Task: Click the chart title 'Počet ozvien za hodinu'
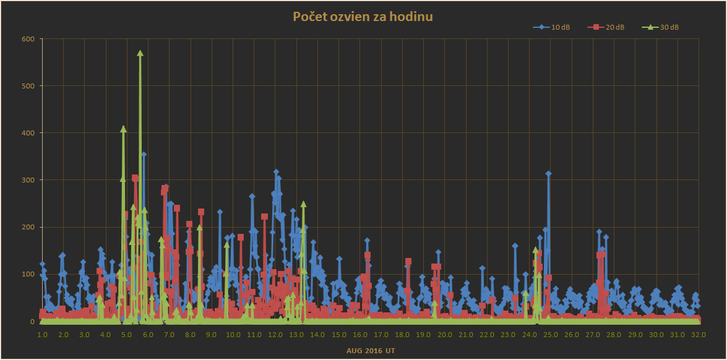coord(363,17)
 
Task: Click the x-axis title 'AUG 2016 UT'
coord(371,351)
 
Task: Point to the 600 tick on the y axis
coord(28,39)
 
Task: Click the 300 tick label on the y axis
coord(28,180)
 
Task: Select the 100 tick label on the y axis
coord(28,274)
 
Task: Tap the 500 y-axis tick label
coord(28,86)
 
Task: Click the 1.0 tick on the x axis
coord(42,335)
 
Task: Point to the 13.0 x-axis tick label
coord(296,335)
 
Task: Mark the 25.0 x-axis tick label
coord(551,335)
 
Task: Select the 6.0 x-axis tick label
coord(148,335)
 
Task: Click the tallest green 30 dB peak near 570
coord(140,53)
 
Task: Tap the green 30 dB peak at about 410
coord(123,129)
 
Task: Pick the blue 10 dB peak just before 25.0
coord(548,174)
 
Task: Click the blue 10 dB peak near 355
coord(144,155)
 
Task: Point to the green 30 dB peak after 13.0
coord(303,204)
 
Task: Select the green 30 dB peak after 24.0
coord(535,249)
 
